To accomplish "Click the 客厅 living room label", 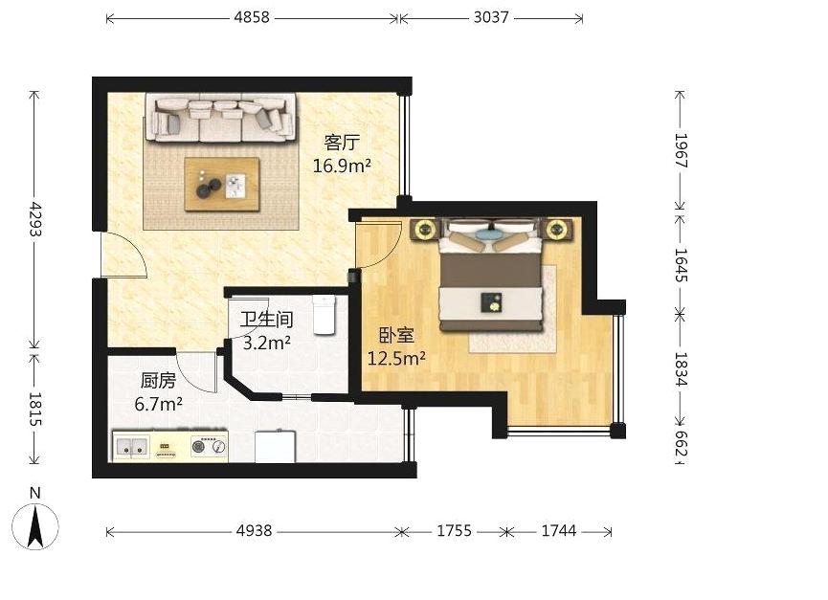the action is pyautogui.click(x=342, y=143).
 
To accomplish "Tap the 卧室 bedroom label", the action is pyautogui.click(x=396, y=336).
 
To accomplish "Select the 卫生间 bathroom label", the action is pyautogui.click(x=267, y=320).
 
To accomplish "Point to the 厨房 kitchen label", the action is pyautogui.click(x=158, y=381).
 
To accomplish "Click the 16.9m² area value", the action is pyautogui.click(x=342, y=166).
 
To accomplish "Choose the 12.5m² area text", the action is pyautogui.click(x=396, y=359).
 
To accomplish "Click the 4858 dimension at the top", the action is pyautogui.click(x=252, y=17).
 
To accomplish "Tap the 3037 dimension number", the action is pyautogui.click(x=491, y=17).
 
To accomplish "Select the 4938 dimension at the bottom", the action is pyautogui.click(x=254, y=530).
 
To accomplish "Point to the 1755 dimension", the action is pyautogui.click(x=454, y=530).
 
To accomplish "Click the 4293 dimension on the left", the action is pyautogui.click(x=34, y=218).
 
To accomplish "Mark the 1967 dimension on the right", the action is pyautogui.click(x=681, y=150).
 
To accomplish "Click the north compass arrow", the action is pyautogui.click(x=35, y=525).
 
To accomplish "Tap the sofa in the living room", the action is pyautogui.click(x=221, y=118).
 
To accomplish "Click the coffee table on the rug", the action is pyautogui.click(x=222, y=184).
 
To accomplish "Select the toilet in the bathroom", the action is pyautogui.click(x=324, y=315).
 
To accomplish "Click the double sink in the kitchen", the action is pyautogui.click(x=131, y=447).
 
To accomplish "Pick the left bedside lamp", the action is pyautogui.click(x=425, y=230).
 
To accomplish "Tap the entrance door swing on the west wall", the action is pyautogui.click(x=124, y=254).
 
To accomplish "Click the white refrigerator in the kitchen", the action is pyautogui.click(x=275, y=447).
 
